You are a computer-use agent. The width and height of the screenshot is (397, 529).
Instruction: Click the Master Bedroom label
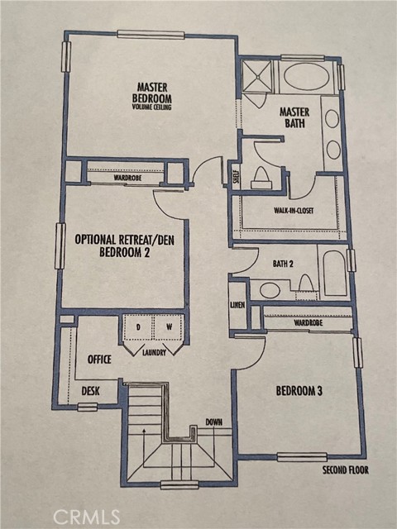[153, 91]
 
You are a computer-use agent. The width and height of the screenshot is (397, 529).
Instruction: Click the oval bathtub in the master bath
[306, 78]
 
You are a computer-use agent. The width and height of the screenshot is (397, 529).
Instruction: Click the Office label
[99, 360]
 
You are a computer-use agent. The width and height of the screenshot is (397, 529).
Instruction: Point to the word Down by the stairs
[213, 422]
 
